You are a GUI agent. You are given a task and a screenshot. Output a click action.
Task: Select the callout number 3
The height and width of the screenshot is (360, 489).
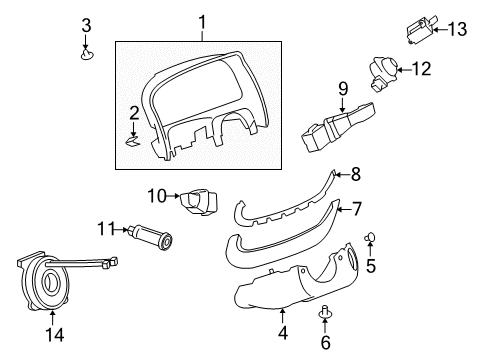[x=86, y=25]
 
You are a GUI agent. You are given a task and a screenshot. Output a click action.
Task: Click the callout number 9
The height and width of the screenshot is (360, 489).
[x=342, y=89]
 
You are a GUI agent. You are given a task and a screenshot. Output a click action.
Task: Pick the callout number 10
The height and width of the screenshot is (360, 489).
[x=157, y=194]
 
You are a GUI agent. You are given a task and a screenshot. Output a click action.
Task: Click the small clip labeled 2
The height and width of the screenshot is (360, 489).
[x=134, y=142]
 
